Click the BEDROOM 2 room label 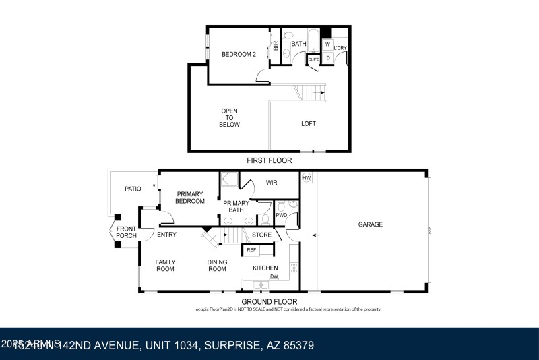[239, 55]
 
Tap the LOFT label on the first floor [308, 123]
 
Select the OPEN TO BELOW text [230, 117]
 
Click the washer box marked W [327, 44]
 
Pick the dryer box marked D [327, 58]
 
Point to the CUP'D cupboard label [313, 59]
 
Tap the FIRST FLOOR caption [269, 161]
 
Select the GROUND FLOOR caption [269, 301]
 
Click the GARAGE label [370, 224]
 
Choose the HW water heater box [307, 178]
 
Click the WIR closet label [272, 183]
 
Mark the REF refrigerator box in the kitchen [251, 250]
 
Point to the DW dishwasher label [274, 276]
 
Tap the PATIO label [132, 189]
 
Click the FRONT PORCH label [126, 233]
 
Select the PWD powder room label [280, 216]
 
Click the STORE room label [261, 235]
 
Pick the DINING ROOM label [217, 266]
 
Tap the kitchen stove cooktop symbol [294, 268]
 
